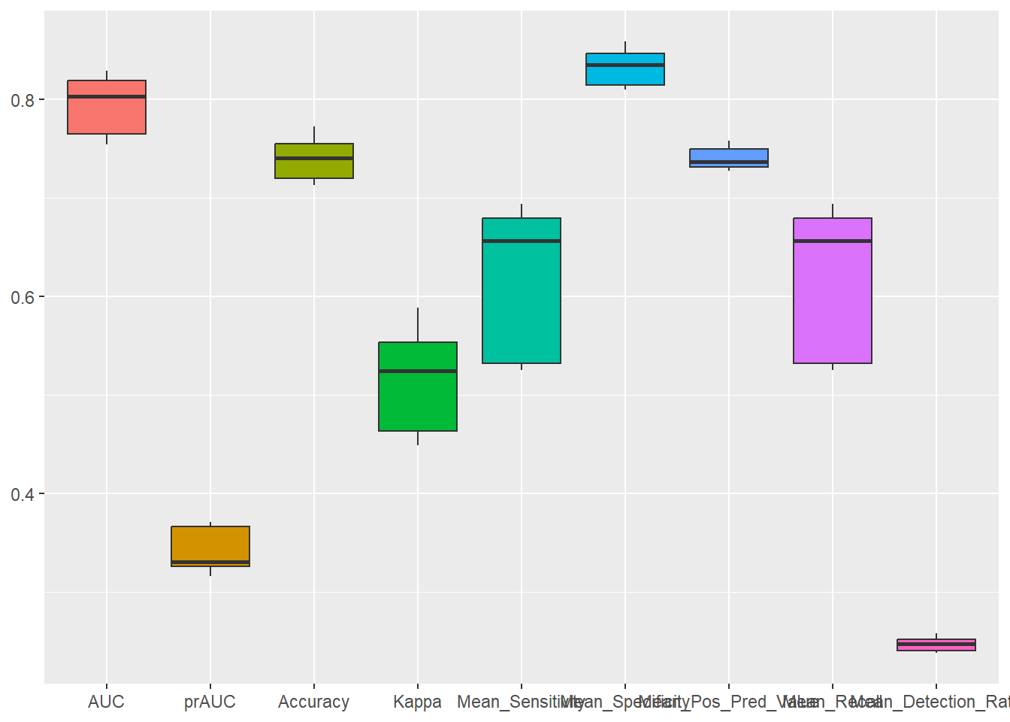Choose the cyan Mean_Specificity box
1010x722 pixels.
(625, 75)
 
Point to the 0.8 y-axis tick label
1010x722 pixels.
(23, 100)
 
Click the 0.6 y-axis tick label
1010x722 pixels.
(23, 297)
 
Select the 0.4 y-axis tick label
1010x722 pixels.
(23, 494)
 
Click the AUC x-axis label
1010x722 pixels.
(107, 702)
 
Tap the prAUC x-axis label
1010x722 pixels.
(210, 702)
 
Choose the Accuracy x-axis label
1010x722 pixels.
(314, 702)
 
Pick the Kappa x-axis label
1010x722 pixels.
(418, 702)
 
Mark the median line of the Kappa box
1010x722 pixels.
(418, 371)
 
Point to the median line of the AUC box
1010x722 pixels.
(107, 96)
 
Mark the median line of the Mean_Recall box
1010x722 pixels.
(833, 241)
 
